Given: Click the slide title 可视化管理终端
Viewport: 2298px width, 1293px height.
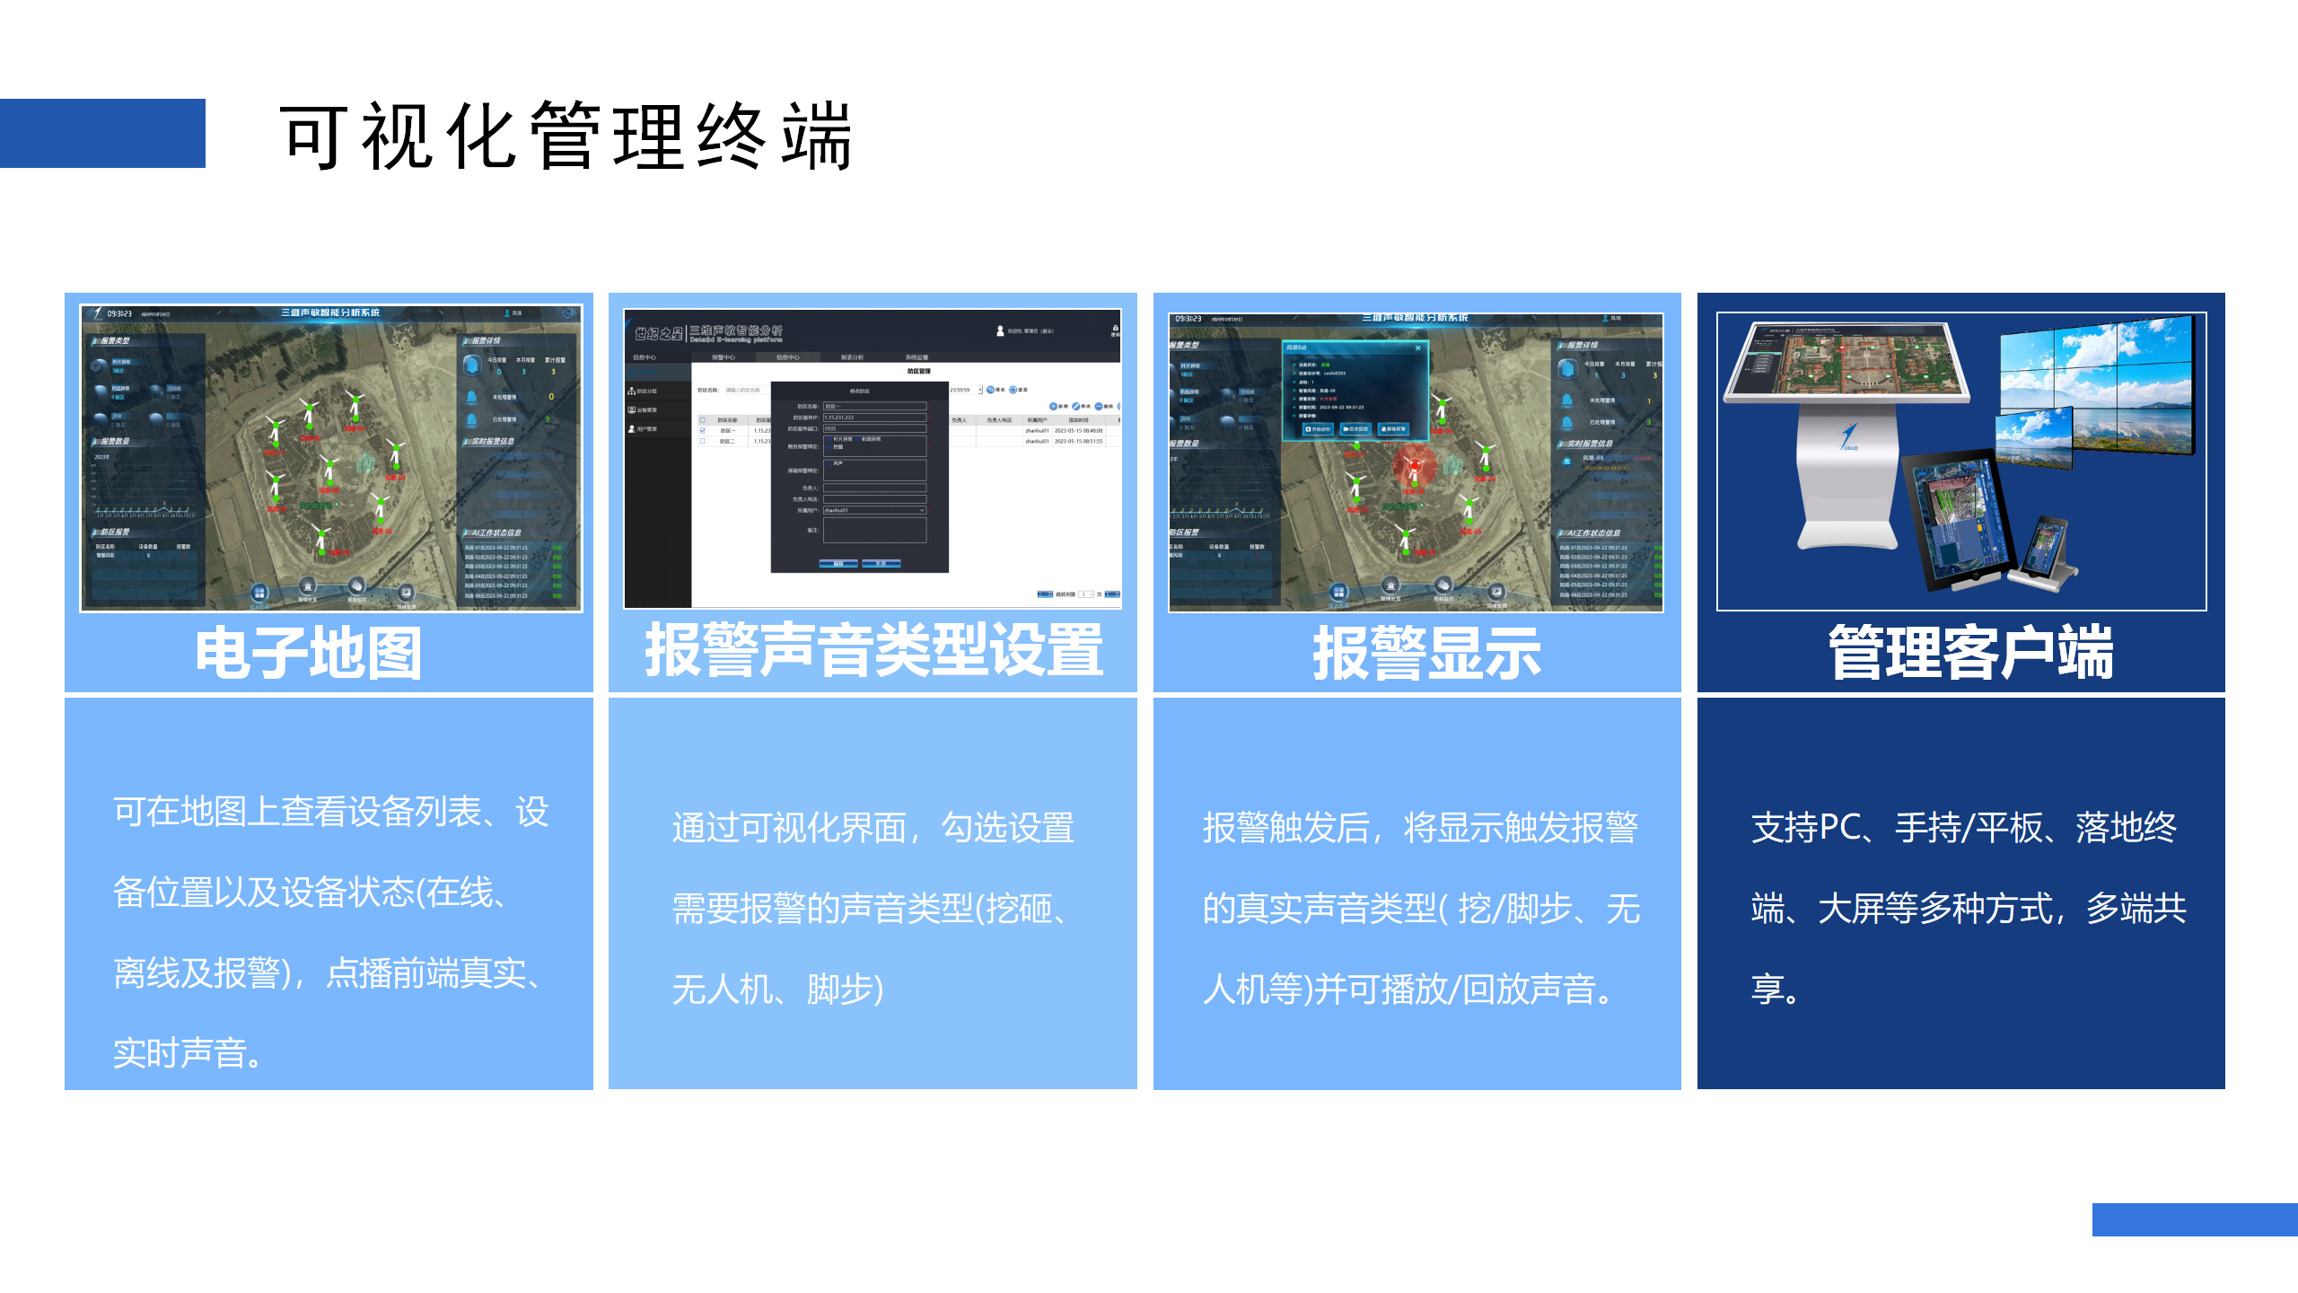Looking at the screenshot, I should coord(566,136).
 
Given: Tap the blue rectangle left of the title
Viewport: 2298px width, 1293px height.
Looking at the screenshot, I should coord(102,133).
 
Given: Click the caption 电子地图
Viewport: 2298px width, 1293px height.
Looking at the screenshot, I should coord(308,653).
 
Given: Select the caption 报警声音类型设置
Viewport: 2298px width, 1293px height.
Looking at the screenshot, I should coord(873,649).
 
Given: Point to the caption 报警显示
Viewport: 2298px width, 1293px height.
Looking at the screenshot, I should coord(1426,653).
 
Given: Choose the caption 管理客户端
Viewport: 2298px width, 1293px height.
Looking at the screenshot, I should coord(1970,653).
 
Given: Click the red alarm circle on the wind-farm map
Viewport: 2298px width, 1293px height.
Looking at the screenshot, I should coord(1414,466).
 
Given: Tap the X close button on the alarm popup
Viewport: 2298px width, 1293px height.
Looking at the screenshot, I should coord(1418,347).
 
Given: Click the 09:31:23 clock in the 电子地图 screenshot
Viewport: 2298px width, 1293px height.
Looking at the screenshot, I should coord(119,313).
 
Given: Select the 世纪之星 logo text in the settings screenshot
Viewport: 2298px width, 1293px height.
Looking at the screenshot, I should coord(659,334).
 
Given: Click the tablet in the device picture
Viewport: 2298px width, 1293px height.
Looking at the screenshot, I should coord(1957,521).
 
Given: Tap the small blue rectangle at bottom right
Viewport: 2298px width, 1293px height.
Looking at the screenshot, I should coord(2195,1219).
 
